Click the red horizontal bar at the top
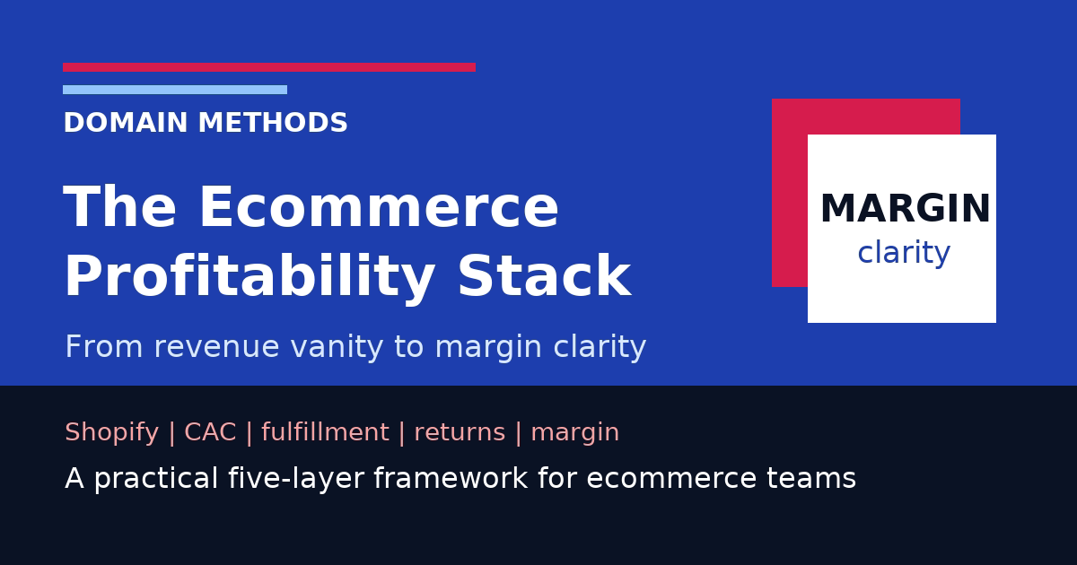click(x=269, y=67)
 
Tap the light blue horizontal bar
click(x=175, y=90)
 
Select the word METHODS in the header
click(x=273, y=124)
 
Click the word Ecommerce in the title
click(x=378, y=208)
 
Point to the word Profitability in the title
click(x=250, y=278)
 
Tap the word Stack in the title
click(x=544, y=278)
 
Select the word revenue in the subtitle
click(x=211, y=347)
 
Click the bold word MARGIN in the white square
click(x=905, y=210)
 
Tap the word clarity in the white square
click(x=904, y=254)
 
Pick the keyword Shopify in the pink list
click(x=111, y=433)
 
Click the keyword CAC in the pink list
click(x=210, y=433)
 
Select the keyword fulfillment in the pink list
click(x=325, y=433)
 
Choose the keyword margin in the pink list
click(x=574, y=433)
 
